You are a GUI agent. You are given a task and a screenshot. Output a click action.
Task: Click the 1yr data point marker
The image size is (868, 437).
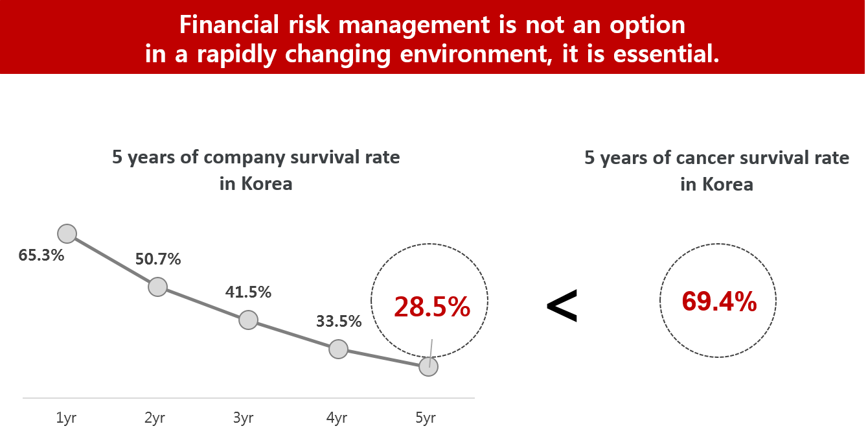[67, 233]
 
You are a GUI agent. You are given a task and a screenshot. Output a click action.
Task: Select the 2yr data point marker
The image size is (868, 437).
[157, 287]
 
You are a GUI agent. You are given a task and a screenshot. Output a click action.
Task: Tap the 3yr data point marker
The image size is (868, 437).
[248, 319]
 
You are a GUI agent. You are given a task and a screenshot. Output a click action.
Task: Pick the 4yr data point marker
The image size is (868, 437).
[338, 349]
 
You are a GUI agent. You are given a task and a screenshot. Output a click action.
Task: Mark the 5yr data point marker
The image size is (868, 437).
[428, 366]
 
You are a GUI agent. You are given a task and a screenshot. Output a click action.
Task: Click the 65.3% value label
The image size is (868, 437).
[41, 255]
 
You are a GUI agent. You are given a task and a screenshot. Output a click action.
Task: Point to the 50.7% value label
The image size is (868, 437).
[158, 259]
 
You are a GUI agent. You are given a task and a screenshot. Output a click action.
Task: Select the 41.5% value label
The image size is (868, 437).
[248, 292]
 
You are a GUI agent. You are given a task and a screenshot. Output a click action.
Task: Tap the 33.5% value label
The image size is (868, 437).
[339, 321]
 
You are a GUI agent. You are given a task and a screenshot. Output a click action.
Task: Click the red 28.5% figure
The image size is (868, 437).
[432, 307]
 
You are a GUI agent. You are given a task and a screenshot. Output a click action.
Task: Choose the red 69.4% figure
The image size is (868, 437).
[719, 301]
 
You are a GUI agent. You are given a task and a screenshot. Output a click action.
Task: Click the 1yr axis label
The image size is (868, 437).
[66, 418]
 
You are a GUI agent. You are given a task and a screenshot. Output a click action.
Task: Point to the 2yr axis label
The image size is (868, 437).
[155, 418]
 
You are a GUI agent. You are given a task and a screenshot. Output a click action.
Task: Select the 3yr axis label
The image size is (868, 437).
[243, 418]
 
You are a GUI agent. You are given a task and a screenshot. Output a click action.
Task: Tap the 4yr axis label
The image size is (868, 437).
[336, 418]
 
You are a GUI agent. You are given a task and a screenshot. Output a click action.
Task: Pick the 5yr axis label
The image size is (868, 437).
[425, 418]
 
